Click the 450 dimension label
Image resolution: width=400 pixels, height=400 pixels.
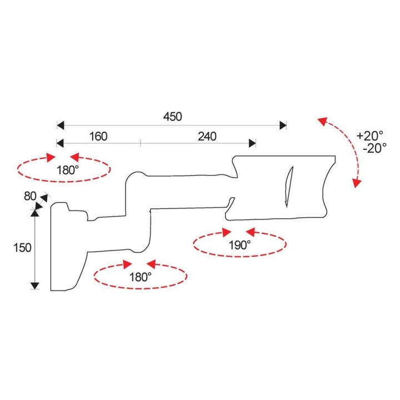172,117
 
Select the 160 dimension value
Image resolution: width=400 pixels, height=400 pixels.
98,137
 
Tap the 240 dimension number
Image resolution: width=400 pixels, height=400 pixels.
207,137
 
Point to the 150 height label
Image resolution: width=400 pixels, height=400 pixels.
22,248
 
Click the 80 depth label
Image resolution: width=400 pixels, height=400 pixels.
30,196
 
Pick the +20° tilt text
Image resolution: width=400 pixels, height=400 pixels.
369,136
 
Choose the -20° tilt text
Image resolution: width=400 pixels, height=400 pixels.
374,148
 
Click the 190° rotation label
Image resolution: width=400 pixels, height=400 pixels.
239,245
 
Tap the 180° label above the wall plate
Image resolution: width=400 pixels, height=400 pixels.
67,170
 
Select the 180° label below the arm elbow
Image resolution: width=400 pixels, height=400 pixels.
141,277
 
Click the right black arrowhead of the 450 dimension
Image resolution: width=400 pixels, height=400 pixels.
283,126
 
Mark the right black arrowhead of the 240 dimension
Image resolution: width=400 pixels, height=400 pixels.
252,143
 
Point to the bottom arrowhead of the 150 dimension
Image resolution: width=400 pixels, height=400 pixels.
34,286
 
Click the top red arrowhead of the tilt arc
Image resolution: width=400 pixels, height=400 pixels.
322,121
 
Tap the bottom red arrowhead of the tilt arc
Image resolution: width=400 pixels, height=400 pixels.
357,183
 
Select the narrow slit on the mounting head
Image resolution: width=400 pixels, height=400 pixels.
289,187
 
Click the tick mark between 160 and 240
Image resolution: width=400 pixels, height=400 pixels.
141,143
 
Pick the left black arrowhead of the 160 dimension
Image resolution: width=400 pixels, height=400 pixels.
60,143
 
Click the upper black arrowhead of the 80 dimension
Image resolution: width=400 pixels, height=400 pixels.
44,198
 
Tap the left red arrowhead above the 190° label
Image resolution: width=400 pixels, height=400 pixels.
227,232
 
